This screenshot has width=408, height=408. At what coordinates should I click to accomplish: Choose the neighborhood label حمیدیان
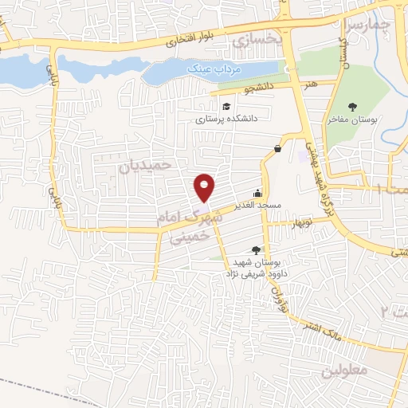pos(145,165)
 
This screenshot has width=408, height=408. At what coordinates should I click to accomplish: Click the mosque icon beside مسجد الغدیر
pos(257,192)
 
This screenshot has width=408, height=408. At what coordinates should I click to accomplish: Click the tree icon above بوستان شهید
pos(256,250)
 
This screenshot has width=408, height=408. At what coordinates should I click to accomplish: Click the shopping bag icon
pos(277,148)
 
